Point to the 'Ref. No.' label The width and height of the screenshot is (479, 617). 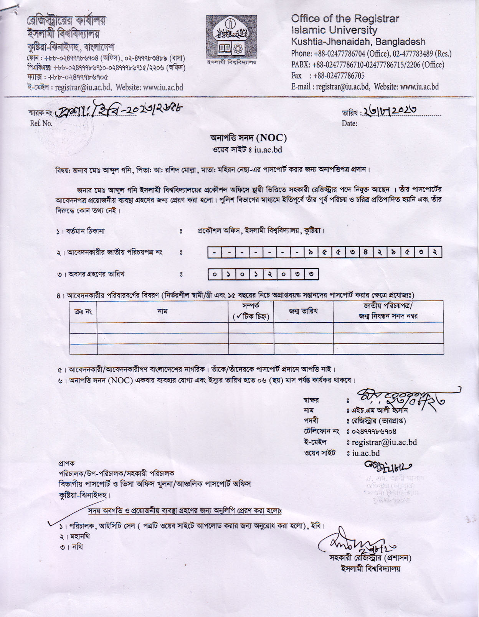41,123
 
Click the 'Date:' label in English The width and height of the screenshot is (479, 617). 350,124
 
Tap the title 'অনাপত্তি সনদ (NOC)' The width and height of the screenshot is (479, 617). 248,138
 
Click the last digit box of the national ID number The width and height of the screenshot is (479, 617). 434,252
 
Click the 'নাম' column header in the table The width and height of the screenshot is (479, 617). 162,311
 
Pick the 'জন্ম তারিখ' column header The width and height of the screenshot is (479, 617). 303,311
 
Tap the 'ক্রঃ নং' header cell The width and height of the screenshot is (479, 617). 83,312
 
